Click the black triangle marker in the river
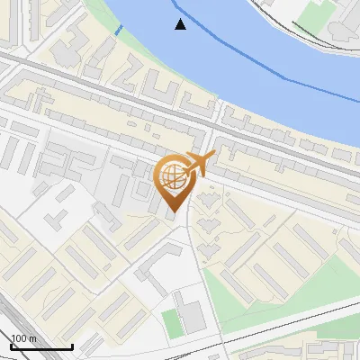[x=181, y=24]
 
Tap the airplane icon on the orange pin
[x=199, y=164]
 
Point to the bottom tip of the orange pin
[x=175, y=211]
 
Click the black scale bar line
[x=41, y=346]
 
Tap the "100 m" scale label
[x=23, y=338]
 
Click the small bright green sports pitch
[x=172, y=323]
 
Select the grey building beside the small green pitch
[x=192, y=316]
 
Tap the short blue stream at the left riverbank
[x=118, y=30]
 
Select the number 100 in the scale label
[x=19, y=338]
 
